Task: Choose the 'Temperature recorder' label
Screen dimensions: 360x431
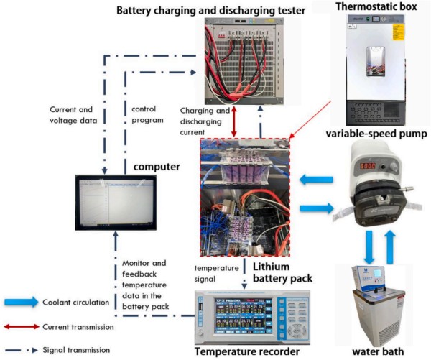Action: [x=239, y=352]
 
